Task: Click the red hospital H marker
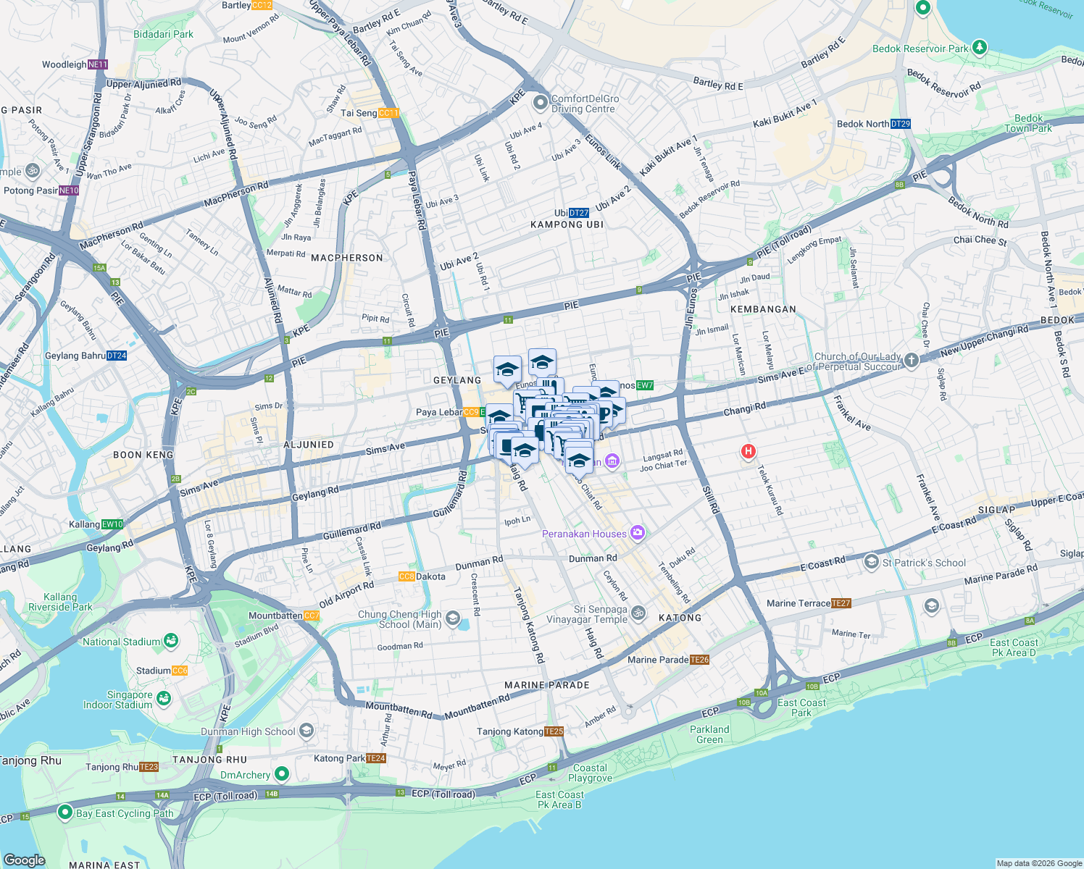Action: click(x=748, y=452)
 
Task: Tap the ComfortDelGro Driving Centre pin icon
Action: click(x=540, y=103)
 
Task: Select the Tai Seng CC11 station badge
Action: click(x=388, y=113)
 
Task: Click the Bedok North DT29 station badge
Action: click(x=900, y=124)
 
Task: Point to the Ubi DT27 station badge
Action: click(x=579, y=213)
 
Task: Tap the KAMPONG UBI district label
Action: click(x=567, y=224)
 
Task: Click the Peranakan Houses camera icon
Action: click(x=637, y=534)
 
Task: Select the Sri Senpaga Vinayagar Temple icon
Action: click(x=638, y=613)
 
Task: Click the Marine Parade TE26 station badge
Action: click(x=700, y=660)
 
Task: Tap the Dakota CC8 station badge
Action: click(x=406, y=576)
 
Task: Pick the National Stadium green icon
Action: click(x=171, y=641)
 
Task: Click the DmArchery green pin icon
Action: click(x=282, y=774)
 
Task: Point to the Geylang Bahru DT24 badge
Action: click(x=117, y=356)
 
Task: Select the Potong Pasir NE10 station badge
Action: click(x=69, y=190)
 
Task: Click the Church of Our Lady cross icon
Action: click(x=912, y=361)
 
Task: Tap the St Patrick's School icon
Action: click(x=871, y=562)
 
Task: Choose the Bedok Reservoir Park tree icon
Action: click(x=980, y=47)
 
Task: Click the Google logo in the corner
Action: click(x=25, y=860)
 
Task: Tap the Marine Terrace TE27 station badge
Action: click(x=841, y=603)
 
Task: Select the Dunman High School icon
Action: click(x=307, y=731)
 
